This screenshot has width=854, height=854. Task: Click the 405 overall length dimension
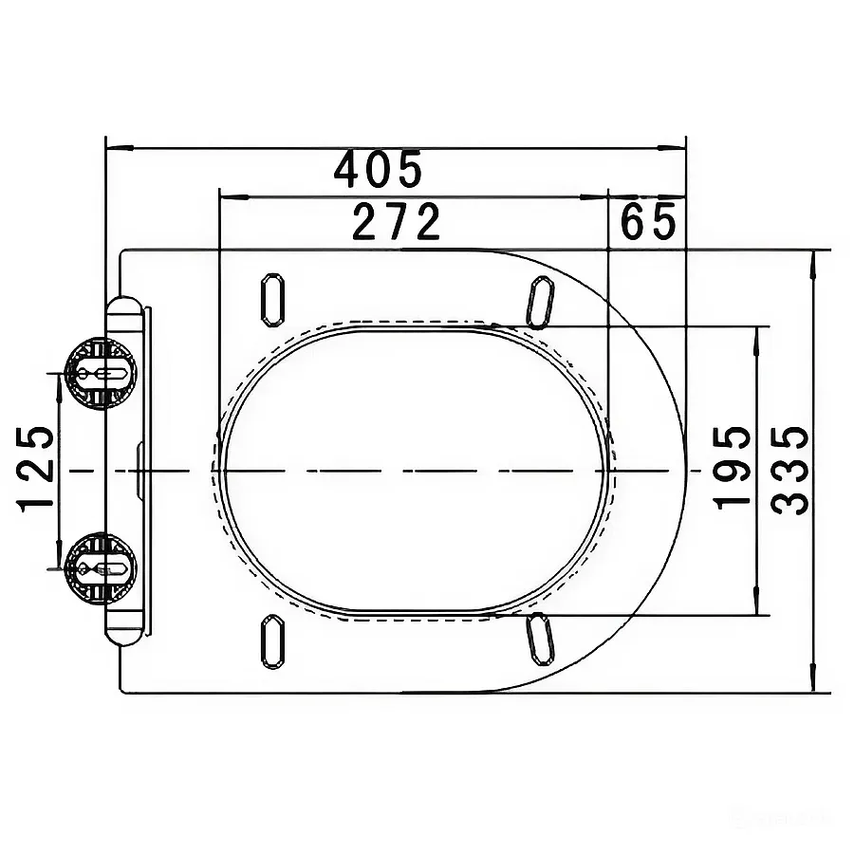[378, 169]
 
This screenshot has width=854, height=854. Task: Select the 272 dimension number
[396, 221]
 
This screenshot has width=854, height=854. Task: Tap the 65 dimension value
[648, 221]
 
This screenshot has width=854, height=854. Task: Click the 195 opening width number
[733, 468]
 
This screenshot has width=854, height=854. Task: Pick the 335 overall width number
[789, 471]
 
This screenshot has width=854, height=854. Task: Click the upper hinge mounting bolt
[101, 374]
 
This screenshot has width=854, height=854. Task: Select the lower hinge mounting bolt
[101, 568]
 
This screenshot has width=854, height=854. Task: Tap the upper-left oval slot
[273, 300]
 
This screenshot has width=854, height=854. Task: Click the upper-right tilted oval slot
[540, 303]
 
